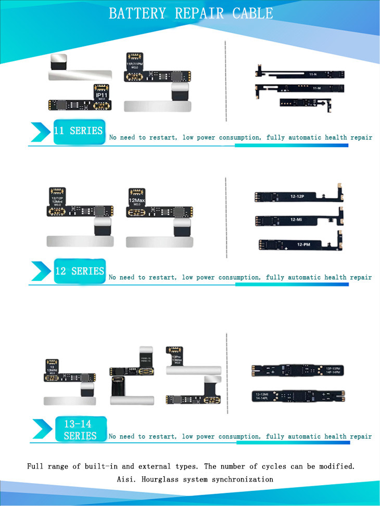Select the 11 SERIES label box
(x=79, y=131)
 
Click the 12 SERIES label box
(x=79, y=271)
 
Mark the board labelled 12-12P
(x=297, y=197)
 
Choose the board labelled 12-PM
(x=297, y=244)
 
